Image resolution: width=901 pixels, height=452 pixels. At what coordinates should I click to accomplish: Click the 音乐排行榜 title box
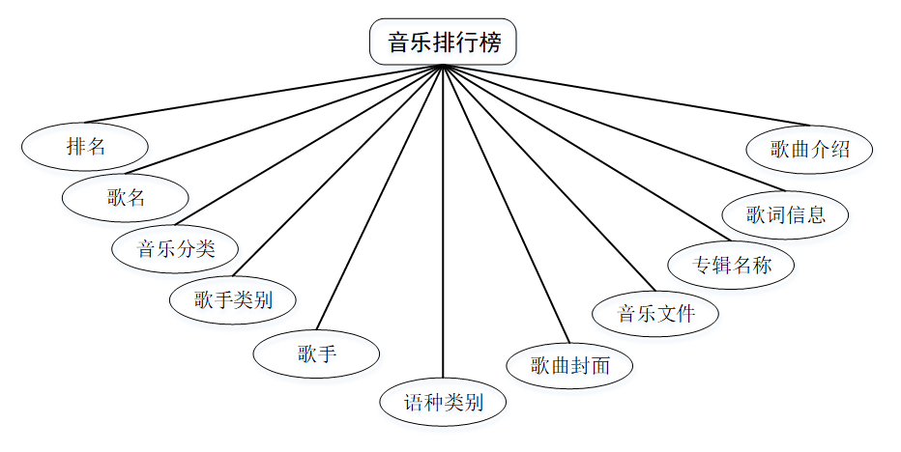point(443,43)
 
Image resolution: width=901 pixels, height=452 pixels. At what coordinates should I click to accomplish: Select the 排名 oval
point(85,148)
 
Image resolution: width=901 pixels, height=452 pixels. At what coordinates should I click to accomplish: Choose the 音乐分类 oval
point(175,248)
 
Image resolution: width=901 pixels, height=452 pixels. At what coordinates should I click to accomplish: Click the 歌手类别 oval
point(232,299)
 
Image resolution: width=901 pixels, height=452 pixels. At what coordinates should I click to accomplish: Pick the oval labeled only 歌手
point(316,353)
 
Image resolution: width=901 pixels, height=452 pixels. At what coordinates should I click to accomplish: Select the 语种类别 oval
point(443,402)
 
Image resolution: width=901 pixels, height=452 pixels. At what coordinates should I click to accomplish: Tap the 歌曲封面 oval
point(570,365)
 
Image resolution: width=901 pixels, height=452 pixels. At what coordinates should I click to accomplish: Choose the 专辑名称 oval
point(732,264)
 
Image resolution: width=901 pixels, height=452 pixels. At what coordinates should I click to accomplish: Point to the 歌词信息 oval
point(785,213)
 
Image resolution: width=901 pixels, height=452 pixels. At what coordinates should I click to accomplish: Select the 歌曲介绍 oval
point(810,150)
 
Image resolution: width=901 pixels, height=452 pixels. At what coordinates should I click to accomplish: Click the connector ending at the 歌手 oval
point(380,197)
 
